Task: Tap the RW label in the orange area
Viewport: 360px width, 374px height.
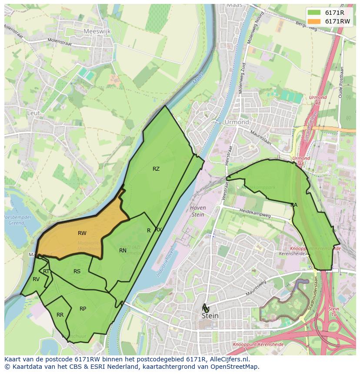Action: pos(82,233)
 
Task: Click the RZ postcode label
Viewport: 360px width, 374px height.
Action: pos(156,169)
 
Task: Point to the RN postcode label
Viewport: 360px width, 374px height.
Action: pos(123,250)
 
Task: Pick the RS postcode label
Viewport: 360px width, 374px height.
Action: pos(77,271)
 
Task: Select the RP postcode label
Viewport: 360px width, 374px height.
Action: pos(83,309)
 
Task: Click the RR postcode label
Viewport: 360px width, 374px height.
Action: pos(60,315)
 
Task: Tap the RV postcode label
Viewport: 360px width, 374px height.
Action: pos(36,279)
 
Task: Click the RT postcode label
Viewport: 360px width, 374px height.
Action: pos(46,271)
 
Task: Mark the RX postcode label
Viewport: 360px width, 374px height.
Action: pos(158,229)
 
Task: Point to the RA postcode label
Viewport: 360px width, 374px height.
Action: pos(294,205)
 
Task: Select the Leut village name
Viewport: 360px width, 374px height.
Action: pos(33,113)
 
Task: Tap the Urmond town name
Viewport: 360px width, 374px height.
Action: pos(237,122)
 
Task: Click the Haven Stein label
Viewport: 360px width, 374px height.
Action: pos(198,211)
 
